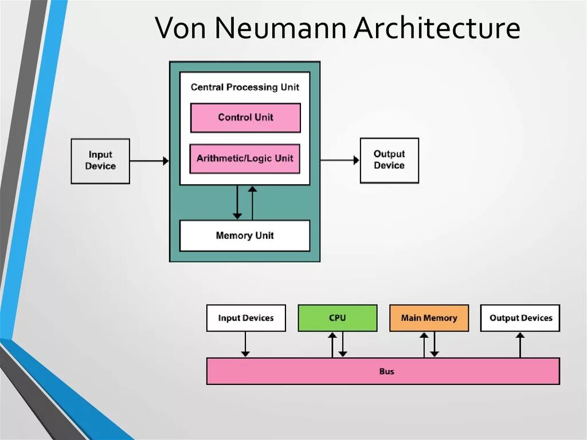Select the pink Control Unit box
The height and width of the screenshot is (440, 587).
tap(245, 118)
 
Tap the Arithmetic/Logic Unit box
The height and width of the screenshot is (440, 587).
tap(245, 158)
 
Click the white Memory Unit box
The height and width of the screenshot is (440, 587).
tap(245, 236)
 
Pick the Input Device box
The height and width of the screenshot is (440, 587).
tap(100, 161)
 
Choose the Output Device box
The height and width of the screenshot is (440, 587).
tap(389, 160)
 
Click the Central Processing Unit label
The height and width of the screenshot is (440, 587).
tap(245, 87)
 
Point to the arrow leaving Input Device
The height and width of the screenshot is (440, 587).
tap(149, 161)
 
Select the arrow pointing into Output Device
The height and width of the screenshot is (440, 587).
tap(339, 161)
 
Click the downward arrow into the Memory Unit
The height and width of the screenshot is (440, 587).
tap(237, 203)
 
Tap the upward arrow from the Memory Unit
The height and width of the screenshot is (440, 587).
tap(252, 203)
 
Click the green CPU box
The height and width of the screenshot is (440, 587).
tap(337, 318)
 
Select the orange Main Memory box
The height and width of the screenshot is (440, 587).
tap(429, 318)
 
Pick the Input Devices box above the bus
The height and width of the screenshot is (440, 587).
tap(246, 318)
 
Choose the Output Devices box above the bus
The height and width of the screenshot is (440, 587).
tap(521, 318)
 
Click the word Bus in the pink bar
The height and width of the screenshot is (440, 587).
tap(387, 372)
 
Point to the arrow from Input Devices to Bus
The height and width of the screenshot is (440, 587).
tap(245, 344)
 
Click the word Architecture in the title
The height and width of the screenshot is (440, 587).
tap(437, 29)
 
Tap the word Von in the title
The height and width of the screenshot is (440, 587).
tap(177, 29)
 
